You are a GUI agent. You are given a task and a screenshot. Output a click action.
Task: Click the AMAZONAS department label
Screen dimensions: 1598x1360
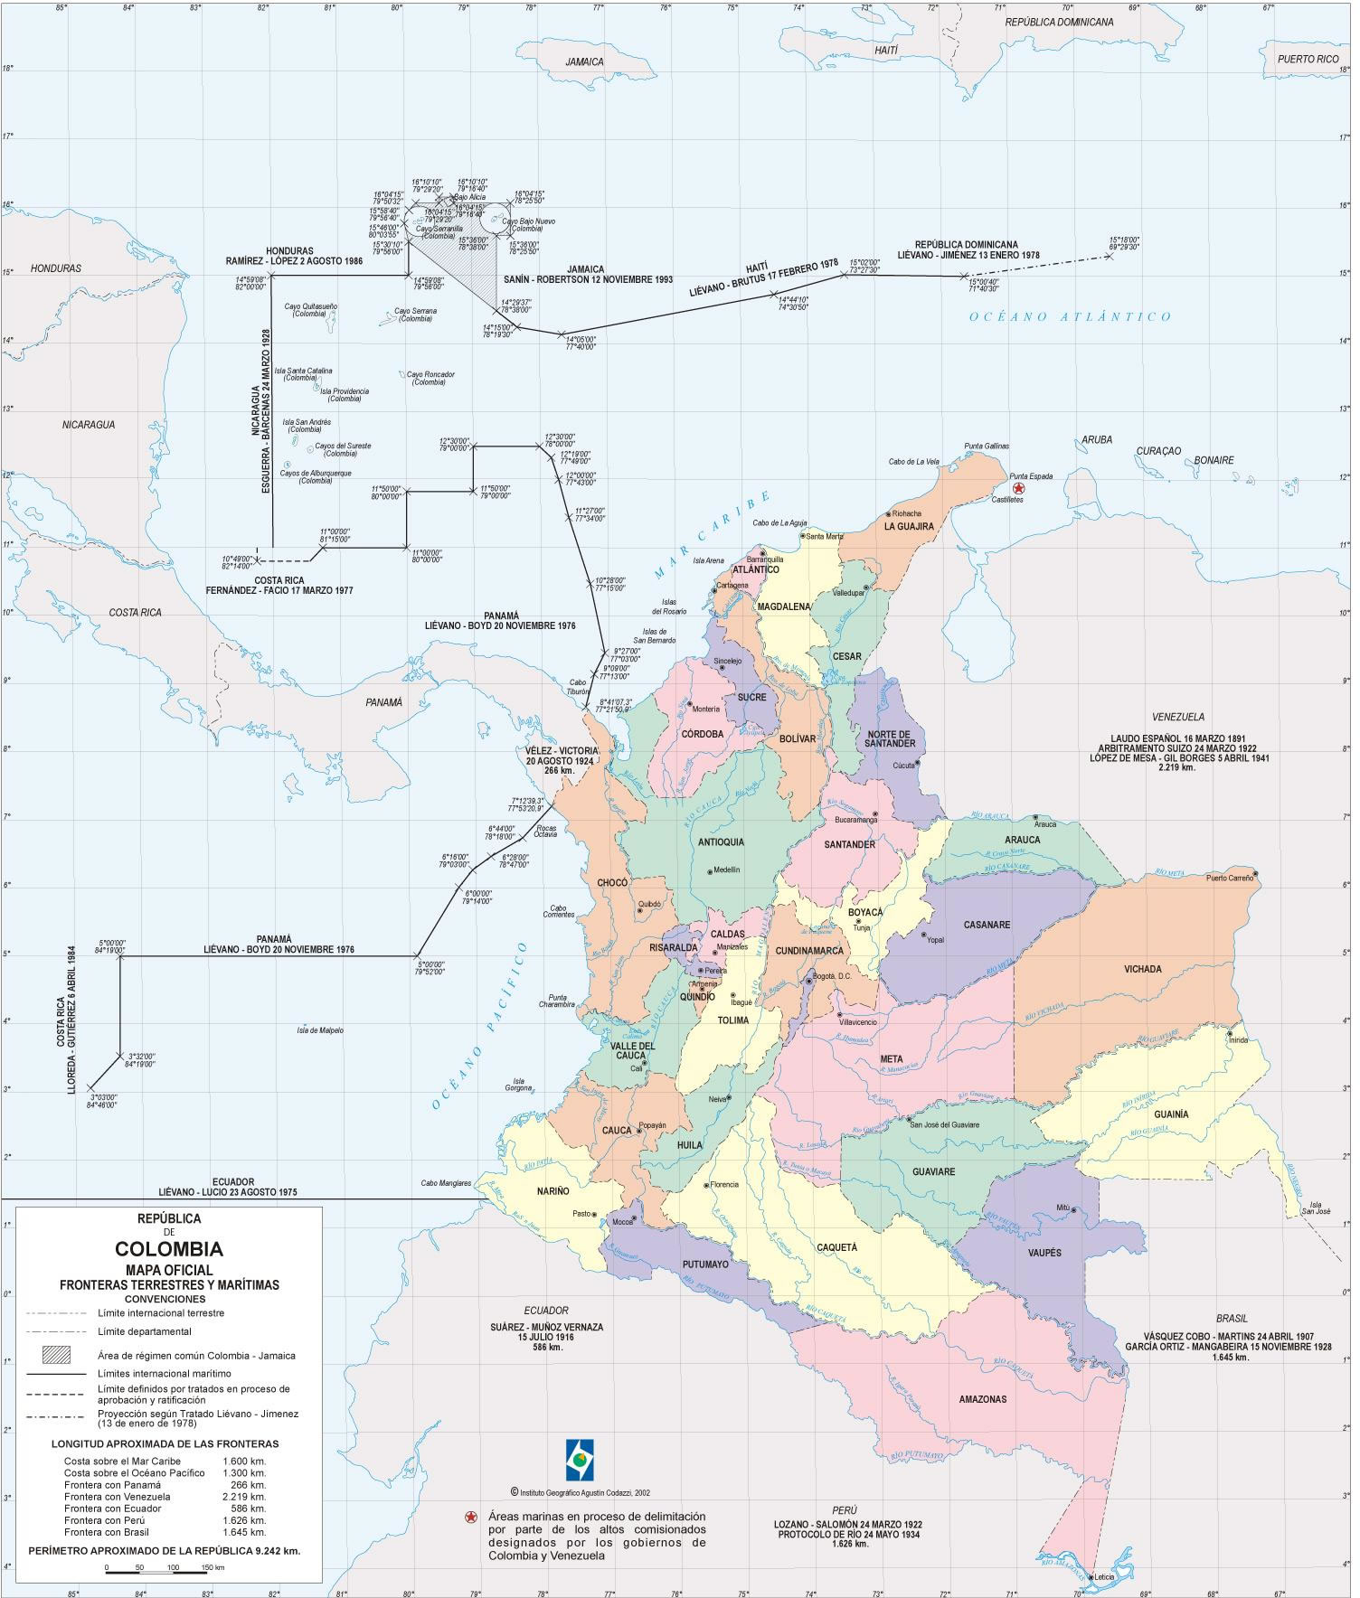click(x=982, y=1398)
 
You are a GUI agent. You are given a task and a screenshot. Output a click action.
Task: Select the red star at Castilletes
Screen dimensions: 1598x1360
click(x=1018, y=489)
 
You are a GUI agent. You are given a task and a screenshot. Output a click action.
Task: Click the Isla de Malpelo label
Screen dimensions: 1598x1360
click(x=320, y=1029)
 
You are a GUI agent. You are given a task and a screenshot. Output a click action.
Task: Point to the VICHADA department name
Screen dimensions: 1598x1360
click(x=1142, y=969)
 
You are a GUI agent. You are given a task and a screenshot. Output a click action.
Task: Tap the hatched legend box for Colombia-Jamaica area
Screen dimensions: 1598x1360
click(x=61, y=1355)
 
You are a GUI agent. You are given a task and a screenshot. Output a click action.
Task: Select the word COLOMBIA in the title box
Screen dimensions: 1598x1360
click(x=169, y=1249)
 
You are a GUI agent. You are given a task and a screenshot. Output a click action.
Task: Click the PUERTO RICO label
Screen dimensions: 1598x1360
click(x=1308, y=59)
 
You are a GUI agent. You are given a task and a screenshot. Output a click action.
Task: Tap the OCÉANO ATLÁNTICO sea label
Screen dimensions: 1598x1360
click(x=1070, y=316)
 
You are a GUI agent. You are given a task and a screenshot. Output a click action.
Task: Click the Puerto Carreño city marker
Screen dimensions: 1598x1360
click(x=1255, y=873)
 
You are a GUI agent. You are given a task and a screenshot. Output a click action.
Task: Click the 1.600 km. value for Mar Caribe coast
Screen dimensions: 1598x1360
click(x=244, y=1461)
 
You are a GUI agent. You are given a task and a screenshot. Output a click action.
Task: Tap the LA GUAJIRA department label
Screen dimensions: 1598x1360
click(x=908, y=526)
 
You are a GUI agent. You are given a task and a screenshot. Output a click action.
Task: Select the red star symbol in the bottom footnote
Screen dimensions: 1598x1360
click(x=470, y=1516)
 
